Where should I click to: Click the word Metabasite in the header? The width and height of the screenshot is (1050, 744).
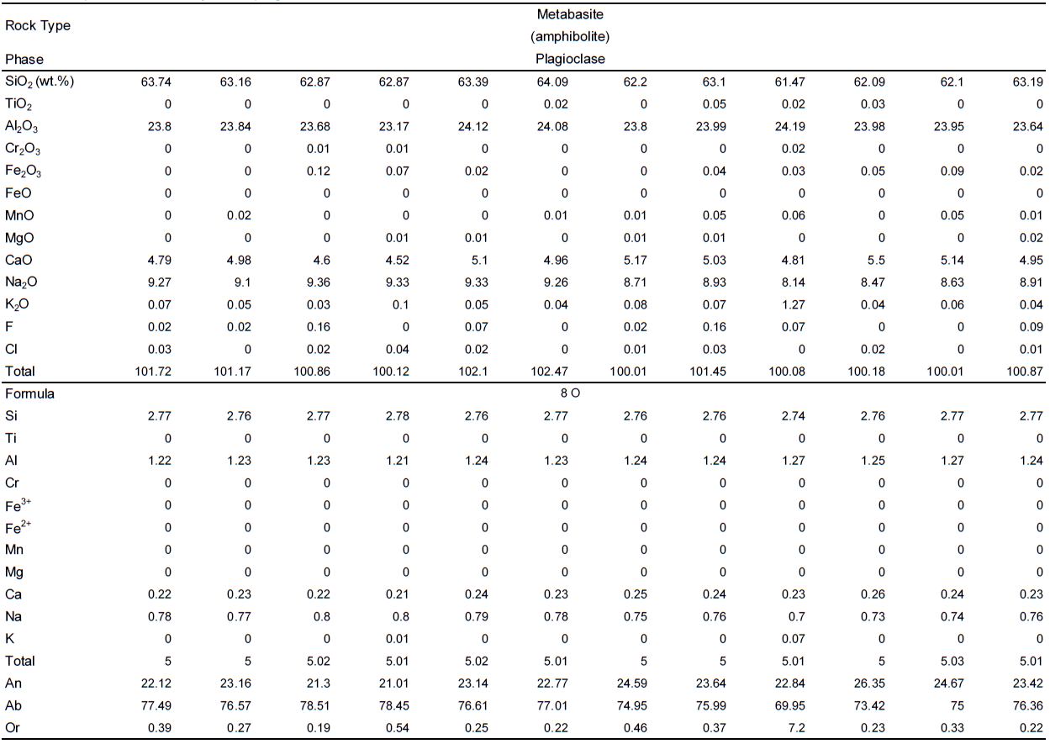click(570, 14)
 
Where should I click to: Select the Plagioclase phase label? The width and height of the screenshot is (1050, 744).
click(570, 59)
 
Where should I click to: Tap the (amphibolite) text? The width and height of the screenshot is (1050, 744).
click(570, 37)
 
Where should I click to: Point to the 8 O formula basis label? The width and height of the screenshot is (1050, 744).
click(570, 393)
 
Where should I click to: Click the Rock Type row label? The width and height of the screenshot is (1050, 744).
click(38, 25)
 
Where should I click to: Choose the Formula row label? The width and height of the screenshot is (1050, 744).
click(30, 393)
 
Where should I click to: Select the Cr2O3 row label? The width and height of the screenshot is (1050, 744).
click(23, 149)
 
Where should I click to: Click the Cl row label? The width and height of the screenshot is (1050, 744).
click(12, 349)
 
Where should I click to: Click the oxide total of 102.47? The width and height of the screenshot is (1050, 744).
click(554, 371)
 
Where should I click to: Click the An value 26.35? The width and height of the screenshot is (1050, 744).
click(871, 683)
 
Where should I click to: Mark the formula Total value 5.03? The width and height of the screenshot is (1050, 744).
click(950, 661)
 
